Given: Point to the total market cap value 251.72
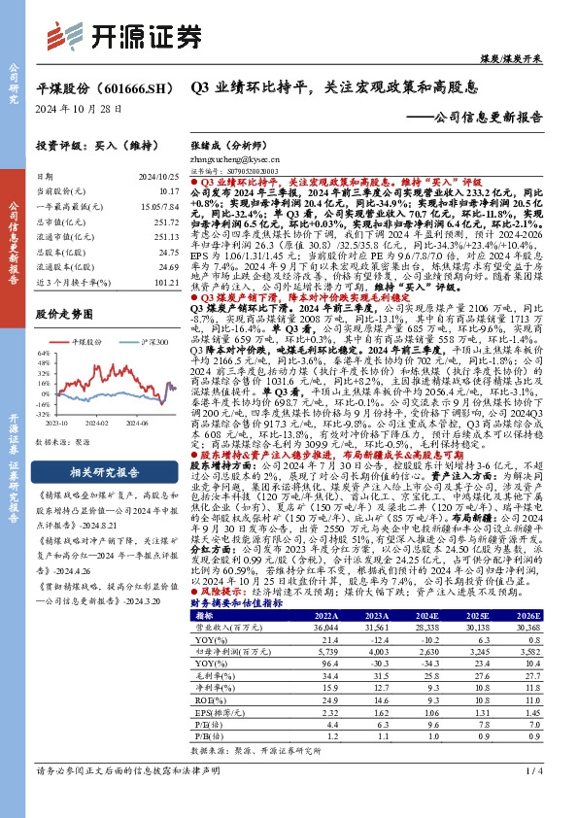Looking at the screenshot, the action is coord(167,222).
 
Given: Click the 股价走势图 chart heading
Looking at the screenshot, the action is coord(61,315).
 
